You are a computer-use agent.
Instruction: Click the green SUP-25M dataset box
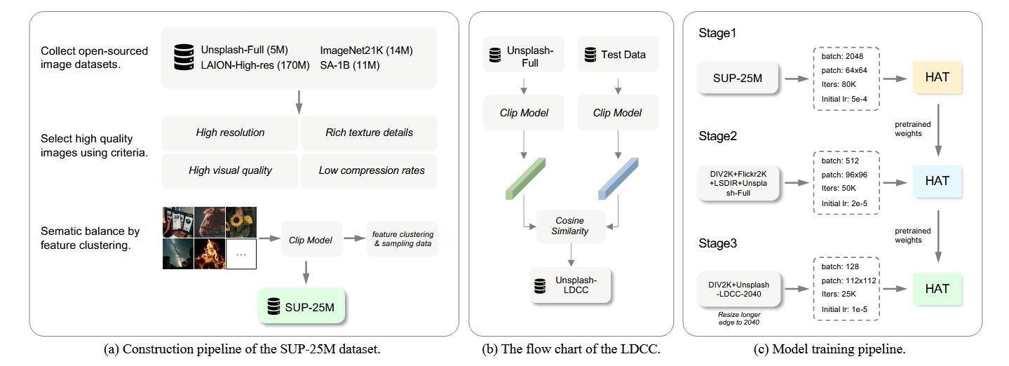pyautogui.click(x=301, y=306)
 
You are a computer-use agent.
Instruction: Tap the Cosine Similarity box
pyautogui.click(x=571, y=226)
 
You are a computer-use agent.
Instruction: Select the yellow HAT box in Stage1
pyautogui.click(x=937, y=77)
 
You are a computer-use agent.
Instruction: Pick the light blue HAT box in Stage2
pyautogui.click(x=937, y=181)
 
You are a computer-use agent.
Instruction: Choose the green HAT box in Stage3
pyautogui.click(x=937, y=289)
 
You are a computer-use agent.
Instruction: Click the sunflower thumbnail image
pyautogui.click(x=241, y=222)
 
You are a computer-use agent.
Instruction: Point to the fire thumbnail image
pyautogui.click(x=210, y=254)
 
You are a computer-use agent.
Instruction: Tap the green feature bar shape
pyautogui.click(x=525, y=178)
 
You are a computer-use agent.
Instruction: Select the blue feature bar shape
pyautogui.click(x=618, y=178)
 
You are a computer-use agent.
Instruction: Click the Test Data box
pyautogui.click(x=618, y=55)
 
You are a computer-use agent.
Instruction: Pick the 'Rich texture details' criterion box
pyautogui.click(x=369, y=133)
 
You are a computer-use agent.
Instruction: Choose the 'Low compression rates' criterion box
pyautogui.click(x=369, y=170)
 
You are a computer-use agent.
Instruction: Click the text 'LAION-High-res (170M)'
pyautogui.click(x=255, y=65)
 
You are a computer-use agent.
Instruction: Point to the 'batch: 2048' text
pyautogui.click(x=842, y=56)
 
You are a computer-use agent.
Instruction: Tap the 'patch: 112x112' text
pyautogui.click(x=848, y=280)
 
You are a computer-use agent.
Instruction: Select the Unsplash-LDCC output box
pyautogui.click(x=570, y=285)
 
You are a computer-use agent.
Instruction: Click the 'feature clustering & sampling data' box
pyautogui.click(x=402, y=238)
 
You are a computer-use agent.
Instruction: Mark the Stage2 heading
pyautogui.click(x=717, y=136)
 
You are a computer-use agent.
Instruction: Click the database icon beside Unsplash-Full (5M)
pyautogui.click(x=184, y=57)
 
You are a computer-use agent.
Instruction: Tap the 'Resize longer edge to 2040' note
pyautogui.click(x=739, y=318)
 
